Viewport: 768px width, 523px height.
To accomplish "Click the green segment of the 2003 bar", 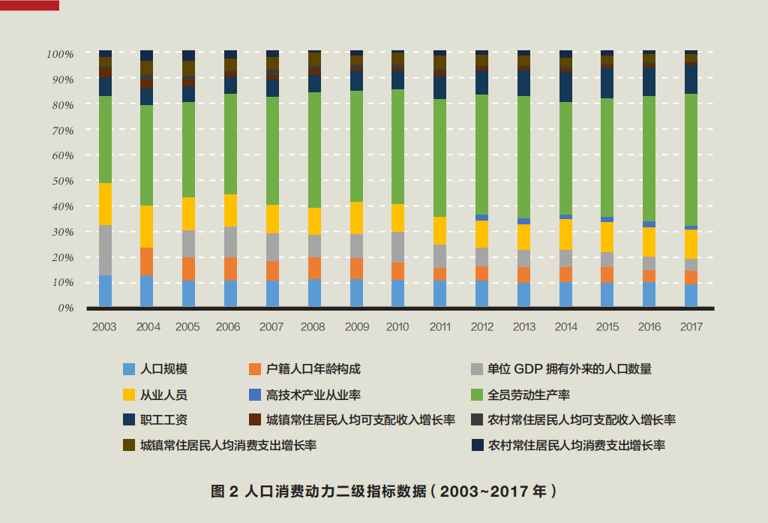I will tap(105, 139).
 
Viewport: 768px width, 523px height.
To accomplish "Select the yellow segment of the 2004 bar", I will tap(147, 227).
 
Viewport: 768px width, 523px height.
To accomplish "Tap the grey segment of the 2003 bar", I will tap(105, 250).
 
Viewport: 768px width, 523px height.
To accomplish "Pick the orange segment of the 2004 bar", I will tap(147, 262).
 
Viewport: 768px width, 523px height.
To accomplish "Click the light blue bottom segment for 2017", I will tap(691, 296).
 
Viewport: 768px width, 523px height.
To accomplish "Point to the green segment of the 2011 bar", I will tap(439, 158).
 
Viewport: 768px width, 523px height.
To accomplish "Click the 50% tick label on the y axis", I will tap(61, 181).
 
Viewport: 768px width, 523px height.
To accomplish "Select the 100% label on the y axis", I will tap(59, 54).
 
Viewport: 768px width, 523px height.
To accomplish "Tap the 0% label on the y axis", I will tap(64, 308).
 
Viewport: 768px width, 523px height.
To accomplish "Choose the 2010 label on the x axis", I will tap(397, 327).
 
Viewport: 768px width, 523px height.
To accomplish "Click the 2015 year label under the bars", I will tap(607, 327).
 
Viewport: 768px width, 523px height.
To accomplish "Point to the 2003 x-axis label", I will tap(104, 327).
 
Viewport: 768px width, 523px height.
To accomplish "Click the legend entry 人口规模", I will tap(163, 369).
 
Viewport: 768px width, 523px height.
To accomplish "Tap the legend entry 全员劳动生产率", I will tap(529, 395).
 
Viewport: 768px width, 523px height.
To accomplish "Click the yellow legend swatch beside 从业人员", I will tap(129, 395).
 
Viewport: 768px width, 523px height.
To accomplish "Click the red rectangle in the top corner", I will tap(29, 5).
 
